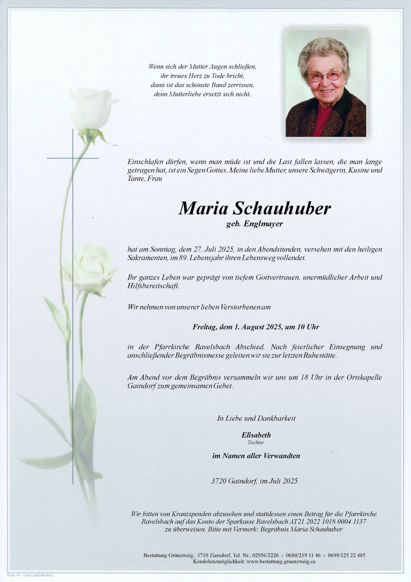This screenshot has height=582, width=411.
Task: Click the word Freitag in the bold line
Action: [204, 327]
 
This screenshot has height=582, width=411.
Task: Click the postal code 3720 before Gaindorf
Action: [219, 481]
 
